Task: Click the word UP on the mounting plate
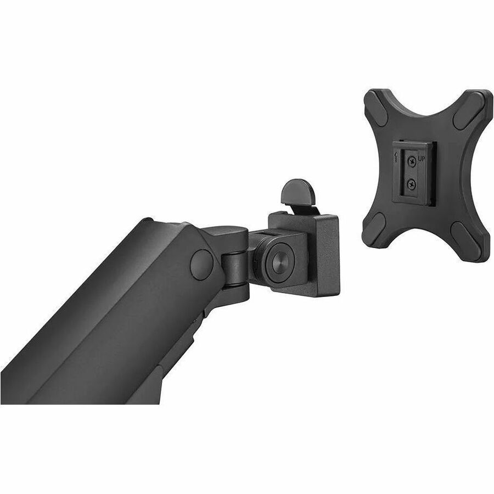point(422,159)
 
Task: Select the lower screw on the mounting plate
point(411,183)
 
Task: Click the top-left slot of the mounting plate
point(378,108)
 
